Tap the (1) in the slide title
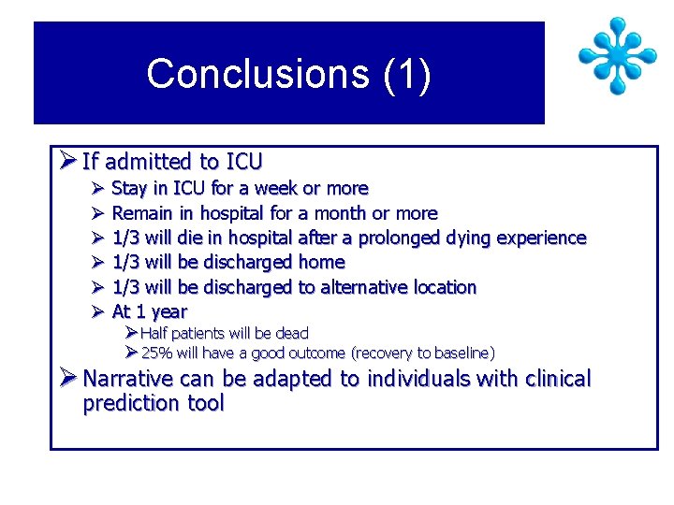(407, 74)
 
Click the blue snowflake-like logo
(617, 55)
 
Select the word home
(321, 263)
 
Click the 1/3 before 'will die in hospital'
(125, 238)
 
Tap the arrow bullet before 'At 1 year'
(96, 311)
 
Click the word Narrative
(126, 379)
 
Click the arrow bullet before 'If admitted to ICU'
(66, 161)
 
